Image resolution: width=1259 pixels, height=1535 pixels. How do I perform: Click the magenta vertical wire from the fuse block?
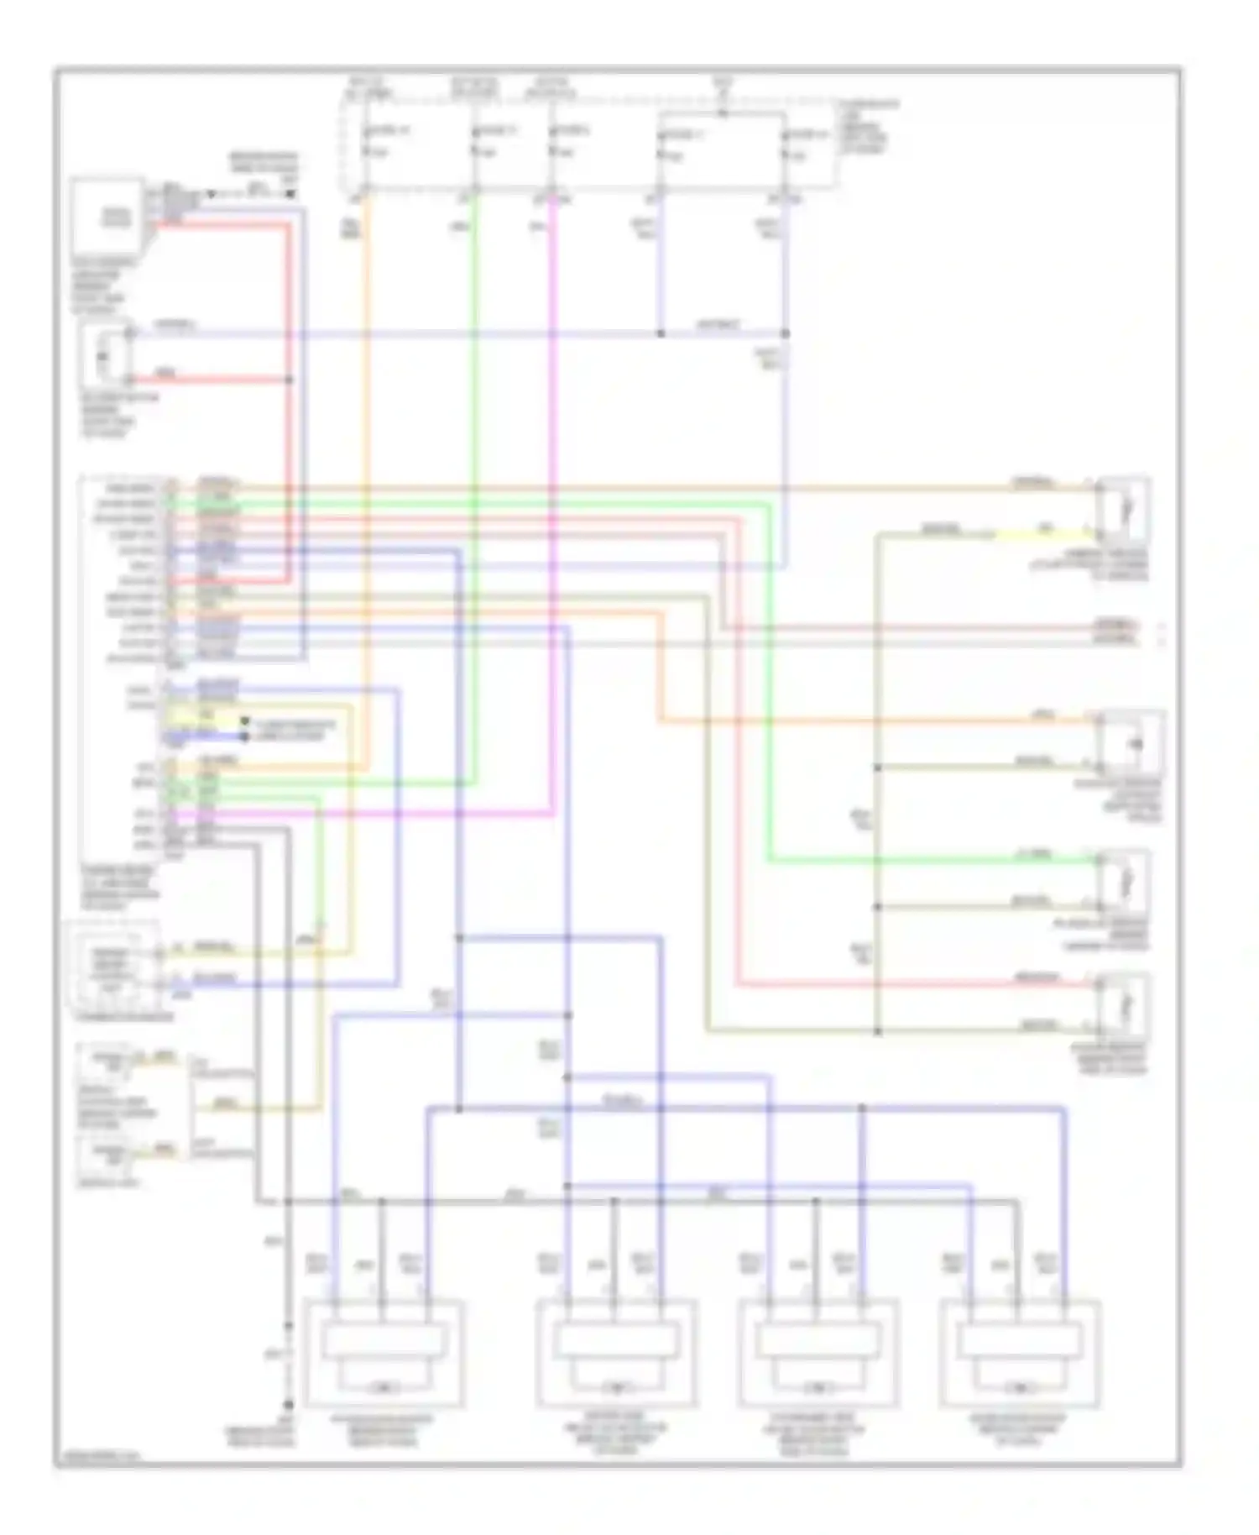(x=553, y=504)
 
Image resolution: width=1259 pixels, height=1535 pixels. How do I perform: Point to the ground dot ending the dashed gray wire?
(x=288, y=1404)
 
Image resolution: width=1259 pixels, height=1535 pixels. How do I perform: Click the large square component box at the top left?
(x=109, y=217)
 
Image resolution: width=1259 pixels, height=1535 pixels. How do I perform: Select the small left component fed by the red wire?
(x=105, y=357)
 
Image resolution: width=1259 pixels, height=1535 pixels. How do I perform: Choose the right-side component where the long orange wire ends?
(x=1130, y=743)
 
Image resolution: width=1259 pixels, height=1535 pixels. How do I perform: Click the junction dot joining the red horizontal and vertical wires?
(x=290, y=380)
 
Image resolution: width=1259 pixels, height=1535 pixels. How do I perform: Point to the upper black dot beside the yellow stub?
(x=244, y=721)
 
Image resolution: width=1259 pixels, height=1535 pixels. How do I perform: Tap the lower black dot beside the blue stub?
(x=244, y=737)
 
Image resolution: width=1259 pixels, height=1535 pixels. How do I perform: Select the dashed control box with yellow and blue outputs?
(x=113, y=966)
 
